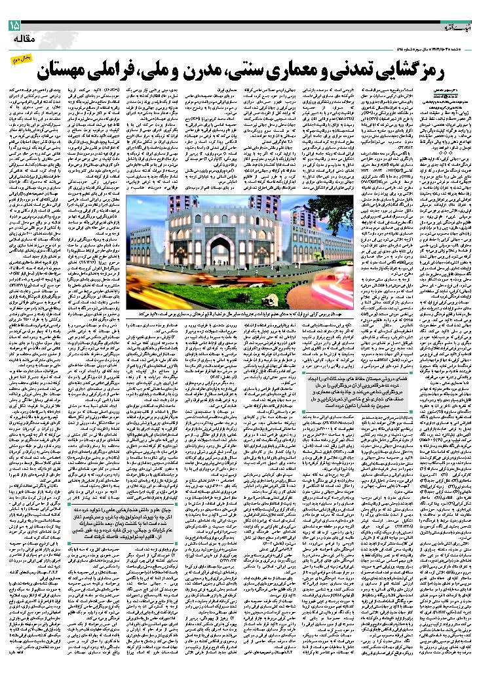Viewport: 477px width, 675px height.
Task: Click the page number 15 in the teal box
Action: [14, 26]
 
